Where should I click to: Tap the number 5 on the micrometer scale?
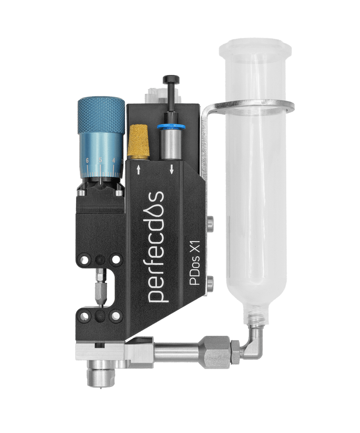click(101, 159)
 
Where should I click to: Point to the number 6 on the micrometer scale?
click(87, 160)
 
